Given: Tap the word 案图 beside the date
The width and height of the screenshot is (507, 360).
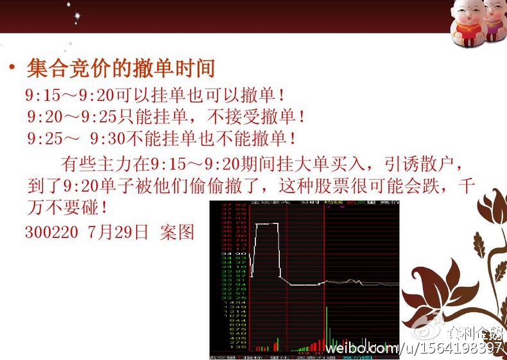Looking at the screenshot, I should pos(176,232).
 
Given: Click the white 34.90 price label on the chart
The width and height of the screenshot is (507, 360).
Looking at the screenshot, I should pos(225,254).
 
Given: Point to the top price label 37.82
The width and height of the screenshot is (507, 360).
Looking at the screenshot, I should pos(225,204).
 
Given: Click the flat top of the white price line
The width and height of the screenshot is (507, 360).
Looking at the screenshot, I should pos(266,223).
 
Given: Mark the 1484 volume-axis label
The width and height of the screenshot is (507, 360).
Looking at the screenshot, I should pos(225,302).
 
